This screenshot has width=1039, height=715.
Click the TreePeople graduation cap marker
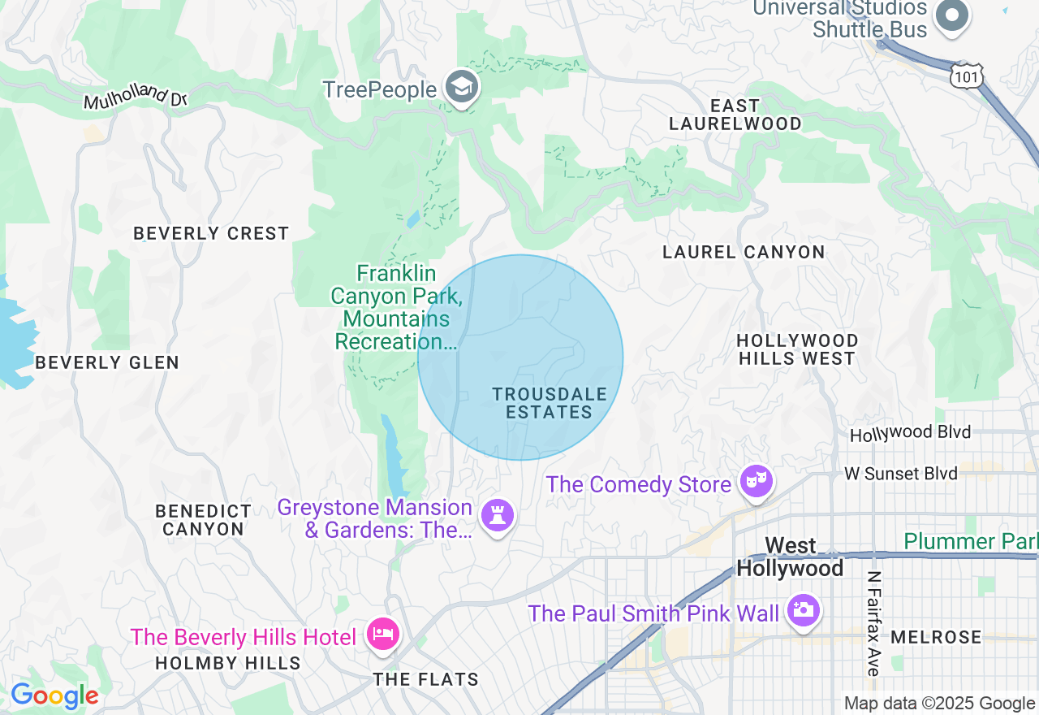pos(462,88)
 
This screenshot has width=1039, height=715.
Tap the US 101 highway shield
pos(967,76)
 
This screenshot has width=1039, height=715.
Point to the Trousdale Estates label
pos(550,403)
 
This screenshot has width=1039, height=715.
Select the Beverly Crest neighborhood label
pos(211,233)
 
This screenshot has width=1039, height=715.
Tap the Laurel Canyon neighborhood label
pos(744,252)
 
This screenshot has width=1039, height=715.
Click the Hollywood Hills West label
pos(797,349)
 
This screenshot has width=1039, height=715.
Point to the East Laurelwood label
pos(735,115)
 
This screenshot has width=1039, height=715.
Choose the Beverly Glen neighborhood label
pos(107,362)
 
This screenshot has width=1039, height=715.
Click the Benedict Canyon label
pos(204,520)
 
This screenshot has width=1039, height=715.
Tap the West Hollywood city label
pos(791,557)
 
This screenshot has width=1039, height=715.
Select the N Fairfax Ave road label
pos(873,623)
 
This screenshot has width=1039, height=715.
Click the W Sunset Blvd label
pos(900,473)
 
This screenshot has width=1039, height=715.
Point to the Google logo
pos(54,696)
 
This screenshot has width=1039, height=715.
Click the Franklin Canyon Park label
pos(396,307)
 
